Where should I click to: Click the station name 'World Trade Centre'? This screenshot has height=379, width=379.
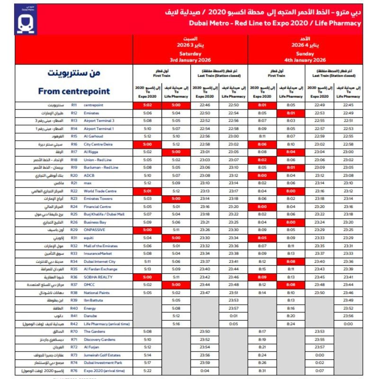pos(100,191)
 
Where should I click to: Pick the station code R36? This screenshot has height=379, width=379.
pos(74,277)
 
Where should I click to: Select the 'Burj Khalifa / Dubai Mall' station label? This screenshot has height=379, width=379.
pos(104,214)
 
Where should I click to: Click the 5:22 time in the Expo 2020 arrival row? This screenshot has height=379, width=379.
pos(147,371)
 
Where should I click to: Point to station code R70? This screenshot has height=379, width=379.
pos(74,332)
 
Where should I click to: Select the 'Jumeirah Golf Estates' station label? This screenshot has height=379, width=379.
pos(102,355)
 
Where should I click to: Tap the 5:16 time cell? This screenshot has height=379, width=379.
pos(176,324)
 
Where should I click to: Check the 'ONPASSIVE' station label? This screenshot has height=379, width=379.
pos(94,230)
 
